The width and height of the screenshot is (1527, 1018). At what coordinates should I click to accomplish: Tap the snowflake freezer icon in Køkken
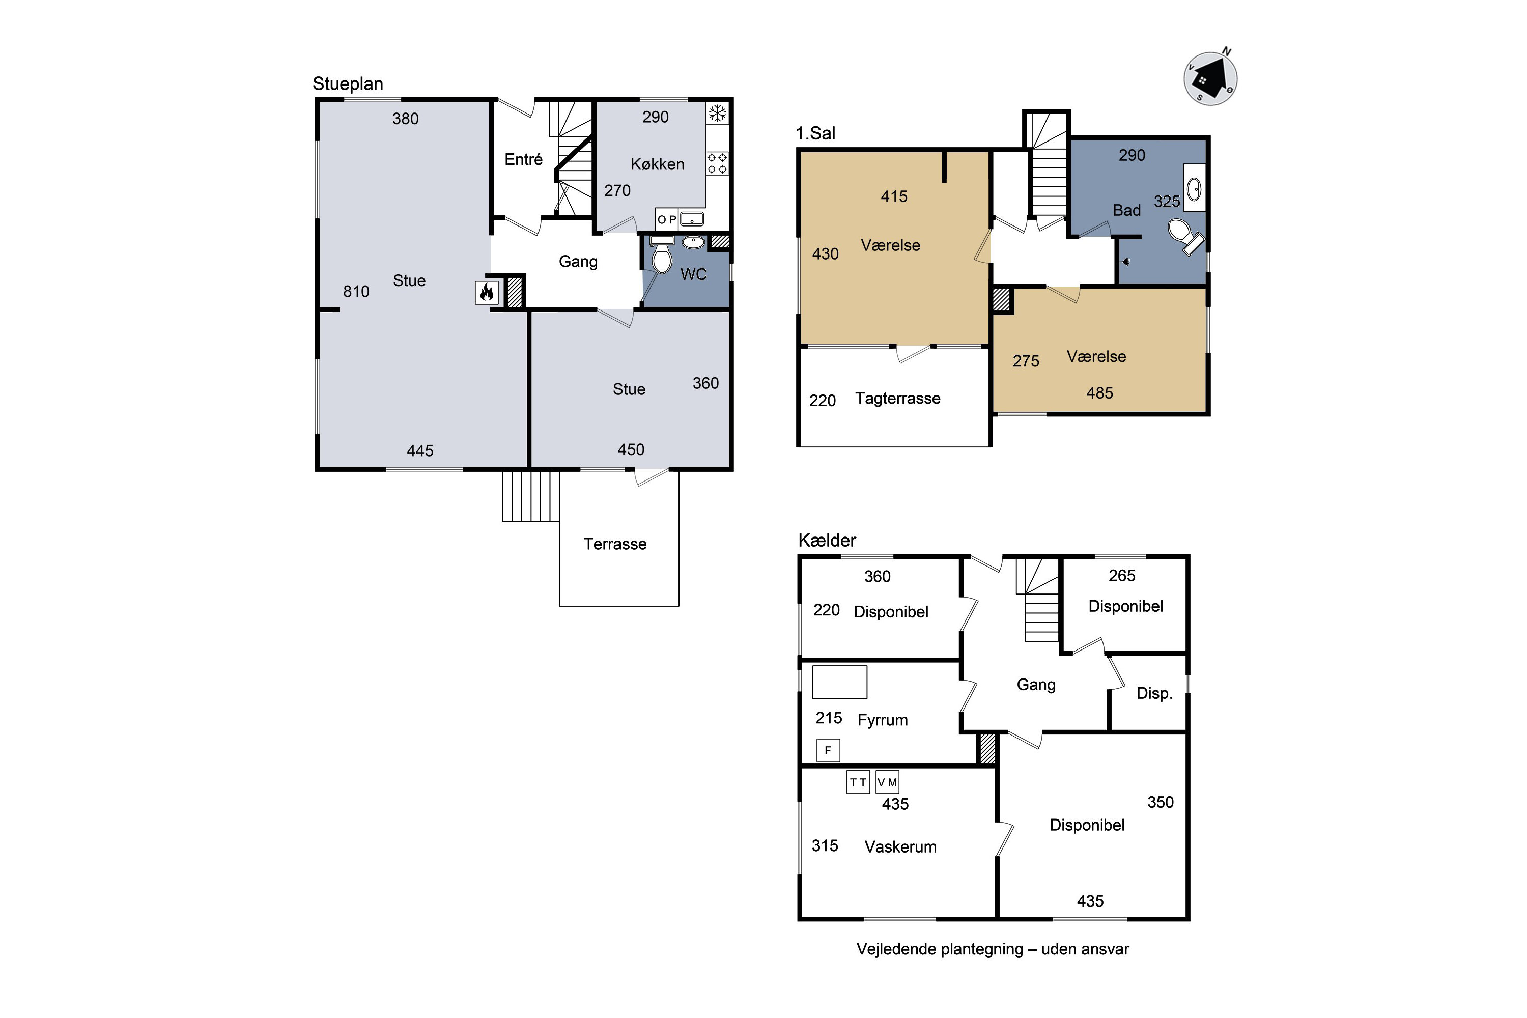pyautogui.click(x=717, y=114)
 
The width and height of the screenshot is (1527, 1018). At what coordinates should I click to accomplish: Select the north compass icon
pyautogui.click(x=1210, y=78)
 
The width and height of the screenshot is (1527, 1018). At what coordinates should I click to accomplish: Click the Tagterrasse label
pyautogui.click(x=897, y=398)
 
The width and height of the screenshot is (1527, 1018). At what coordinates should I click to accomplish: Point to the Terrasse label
pyautogui.click(x=615, y=544)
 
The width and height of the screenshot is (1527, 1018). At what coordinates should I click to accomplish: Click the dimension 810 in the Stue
pyautogui.click(x=356, y=292)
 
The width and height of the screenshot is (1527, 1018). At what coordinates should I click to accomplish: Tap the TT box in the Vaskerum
pyautogui.click(x=858, y=782)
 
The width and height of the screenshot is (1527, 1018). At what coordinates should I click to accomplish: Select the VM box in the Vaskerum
pyautogui.click(x=887, y=782)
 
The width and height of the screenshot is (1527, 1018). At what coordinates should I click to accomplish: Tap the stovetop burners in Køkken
pyautogui.click(x=717, y=163)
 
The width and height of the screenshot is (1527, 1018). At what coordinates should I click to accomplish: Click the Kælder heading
pyautogui.click(x=827, y=540)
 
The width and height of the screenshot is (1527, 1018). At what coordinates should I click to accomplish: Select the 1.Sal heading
pyautogui.click(x=815, y=133)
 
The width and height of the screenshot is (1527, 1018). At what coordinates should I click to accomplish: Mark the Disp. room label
pyautogui.click(x=1154, y=693)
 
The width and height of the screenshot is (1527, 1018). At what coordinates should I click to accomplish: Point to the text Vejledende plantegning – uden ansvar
pyautogui.click(x=993, y=949)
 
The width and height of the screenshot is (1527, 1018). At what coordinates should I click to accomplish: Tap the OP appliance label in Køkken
pyautogui.click(x=667, y=219)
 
